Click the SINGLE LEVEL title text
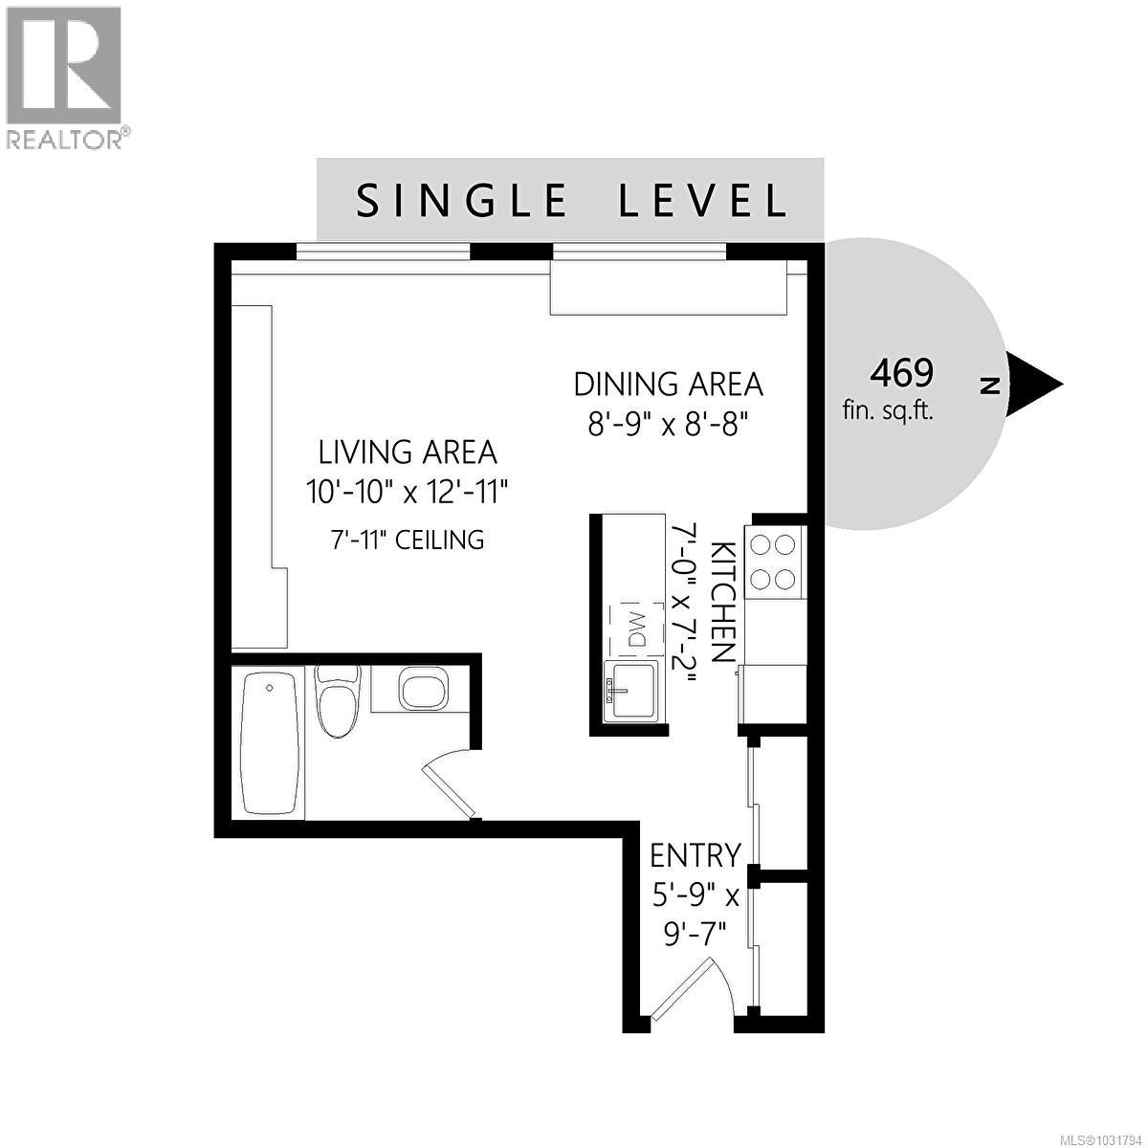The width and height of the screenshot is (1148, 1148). coord(571,201)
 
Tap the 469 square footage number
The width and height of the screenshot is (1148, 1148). coord(900,371)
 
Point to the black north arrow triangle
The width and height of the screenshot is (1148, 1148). coord(1033,385)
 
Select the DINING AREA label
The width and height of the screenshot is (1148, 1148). coord(668,384)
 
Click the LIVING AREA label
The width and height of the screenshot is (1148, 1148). coord(408,452)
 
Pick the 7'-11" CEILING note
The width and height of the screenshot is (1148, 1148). coord(408,540)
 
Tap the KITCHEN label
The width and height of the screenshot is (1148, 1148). coord(723,602)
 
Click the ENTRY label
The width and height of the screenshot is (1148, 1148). coord(695,854)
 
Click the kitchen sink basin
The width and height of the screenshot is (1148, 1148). coord(630,691)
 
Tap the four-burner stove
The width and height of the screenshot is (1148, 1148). coord(771,562)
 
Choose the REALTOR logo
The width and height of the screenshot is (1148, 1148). coord(64,77)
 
